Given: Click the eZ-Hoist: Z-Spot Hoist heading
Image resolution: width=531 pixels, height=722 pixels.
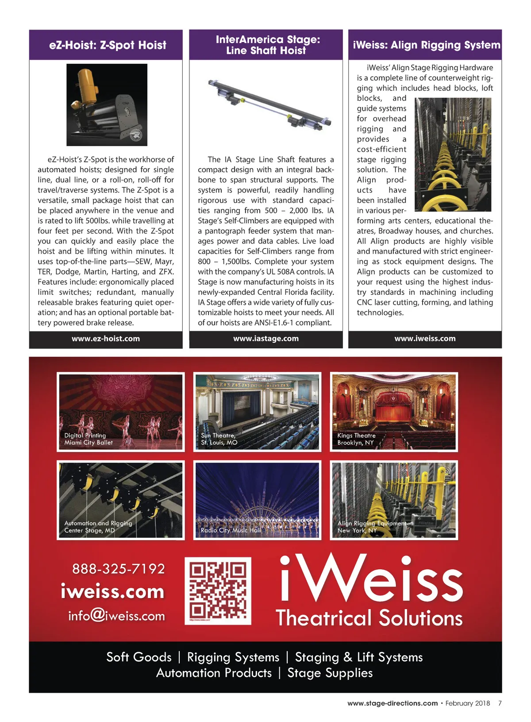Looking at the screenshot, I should point(108,45).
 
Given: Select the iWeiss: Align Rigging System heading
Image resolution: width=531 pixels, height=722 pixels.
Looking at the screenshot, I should point(426,45).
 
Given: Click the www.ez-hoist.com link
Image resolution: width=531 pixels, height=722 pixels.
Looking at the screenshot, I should point(106,339).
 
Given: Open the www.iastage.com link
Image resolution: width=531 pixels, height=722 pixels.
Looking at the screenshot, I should point(266,339).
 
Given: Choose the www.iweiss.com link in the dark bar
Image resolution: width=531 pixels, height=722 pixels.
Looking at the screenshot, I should point(425,339).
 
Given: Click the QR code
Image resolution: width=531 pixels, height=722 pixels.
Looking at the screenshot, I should point(218,591).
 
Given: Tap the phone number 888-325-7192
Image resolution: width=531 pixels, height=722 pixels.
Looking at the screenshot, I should point(119,569).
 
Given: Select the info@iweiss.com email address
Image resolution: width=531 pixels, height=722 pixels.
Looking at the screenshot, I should point(116,616).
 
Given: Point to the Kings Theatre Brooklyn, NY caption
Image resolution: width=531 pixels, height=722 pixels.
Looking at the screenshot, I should point(356,439).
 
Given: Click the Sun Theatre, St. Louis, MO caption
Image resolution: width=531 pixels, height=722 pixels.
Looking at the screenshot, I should point(219,439).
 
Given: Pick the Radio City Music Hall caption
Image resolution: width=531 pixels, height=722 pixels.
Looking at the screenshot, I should point(231,530).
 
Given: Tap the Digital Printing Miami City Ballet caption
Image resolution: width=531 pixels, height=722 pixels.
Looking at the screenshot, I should point(88,439).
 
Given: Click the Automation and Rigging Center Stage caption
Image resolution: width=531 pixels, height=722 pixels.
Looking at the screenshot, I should point(98,527).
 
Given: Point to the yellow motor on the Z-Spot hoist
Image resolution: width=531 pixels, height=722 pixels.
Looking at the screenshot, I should point(88,84).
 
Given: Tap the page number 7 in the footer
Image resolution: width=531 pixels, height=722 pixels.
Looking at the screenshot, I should point(500,703).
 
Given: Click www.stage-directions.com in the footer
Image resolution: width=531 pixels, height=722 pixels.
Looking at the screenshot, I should point(392,703).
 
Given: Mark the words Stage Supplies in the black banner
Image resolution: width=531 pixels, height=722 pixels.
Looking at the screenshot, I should point(330,673).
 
